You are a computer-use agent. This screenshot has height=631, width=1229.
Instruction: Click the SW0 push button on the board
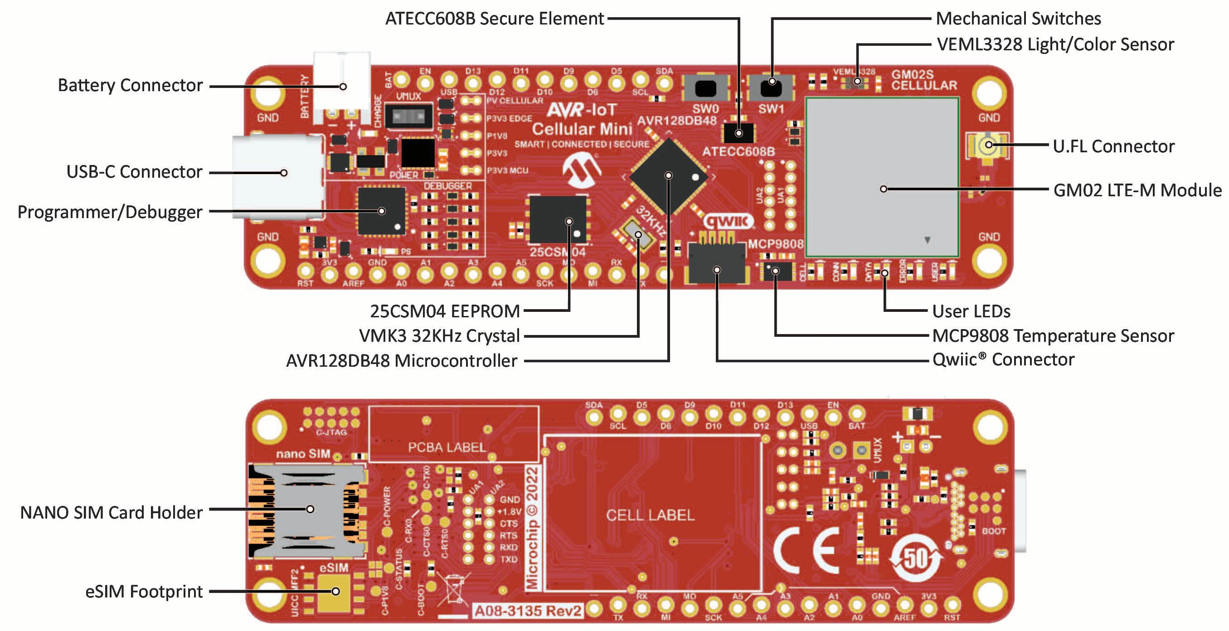pyautogui.click(x=706, y=88)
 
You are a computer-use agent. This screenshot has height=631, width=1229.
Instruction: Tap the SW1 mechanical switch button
pyautogui.click(x=771, y=88)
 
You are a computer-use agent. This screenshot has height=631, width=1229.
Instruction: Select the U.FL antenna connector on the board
pyautogui.click(x=988, y=145)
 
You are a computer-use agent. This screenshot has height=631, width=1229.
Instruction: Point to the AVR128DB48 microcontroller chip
pyautogui.click(x=669, y=176)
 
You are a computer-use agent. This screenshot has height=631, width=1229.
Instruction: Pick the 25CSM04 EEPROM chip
pyautogui.click(x=558, y=220)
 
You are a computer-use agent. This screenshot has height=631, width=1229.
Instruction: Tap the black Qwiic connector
pyautogui.click(x=716, y=263)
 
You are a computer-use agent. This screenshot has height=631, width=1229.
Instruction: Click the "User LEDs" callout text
pyautogui.click(x=971, y=311)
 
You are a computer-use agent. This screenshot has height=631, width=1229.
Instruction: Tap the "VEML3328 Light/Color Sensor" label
pyautogui.click(x=1055, y=44)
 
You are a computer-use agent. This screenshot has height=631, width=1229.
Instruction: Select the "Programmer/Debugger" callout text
pyautogui.click(x=110, y=212)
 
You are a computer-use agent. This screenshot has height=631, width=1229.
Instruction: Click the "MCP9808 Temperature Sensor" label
pyautogui.click(x=1053, y=336)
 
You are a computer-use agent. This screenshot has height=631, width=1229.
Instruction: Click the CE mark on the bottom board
pyautogui.click(x=807, y=550)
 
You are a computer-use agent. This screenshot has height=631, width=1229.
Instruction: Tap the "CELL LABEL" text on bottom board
pyautogui.click(x=650, y=515)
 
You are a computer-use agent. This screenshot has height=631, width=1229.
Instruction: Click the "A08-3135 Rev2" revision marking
pyautogui.click(x=528, y=611)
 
